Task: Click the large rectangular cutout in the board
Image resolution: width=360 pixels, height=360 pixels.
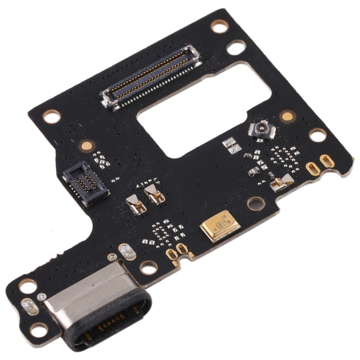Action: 206,111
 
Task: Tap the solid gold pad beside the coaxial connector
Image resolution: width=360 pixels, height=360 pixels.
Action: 287,116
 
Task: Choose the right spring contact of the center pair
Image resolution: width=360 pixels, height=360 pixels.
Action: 153,193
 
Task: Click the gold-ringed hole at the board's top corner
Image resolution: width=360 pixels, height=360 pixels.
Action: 220,26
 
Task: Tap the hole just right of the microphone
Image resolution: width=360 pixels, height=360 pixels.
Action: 256,203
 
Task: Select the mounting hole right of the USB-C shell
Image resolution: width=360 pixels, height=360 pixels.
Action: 149,267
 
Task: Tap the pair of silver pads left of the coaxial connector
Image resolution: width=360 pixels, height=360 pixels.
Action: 231,145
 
